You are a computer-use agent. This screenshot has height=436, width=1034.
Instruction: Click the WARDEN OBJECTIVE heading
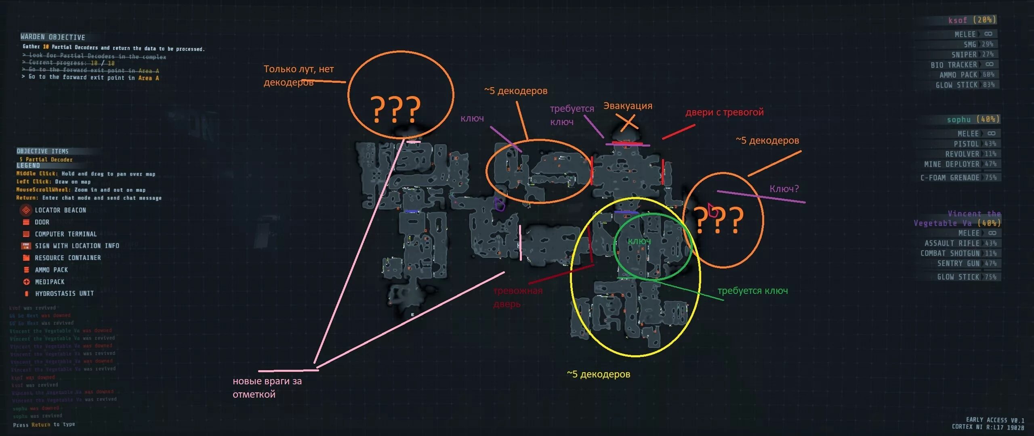coord(53,37)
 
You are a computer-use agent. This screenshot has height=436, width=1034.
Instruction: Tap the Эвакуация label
coord(628,106)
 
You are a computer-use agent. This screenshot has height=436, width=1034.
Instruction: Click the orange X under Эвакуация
coord(628,123)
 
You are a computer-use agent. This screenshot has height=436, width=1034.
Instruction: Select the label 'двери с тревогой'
coord(725,112)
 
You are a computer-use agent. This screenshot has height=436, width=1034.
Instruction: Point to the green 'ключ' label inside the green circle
coord(639,241)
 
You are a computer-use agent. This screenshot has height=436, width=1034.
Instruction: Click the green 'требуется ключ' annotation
coord(752,291)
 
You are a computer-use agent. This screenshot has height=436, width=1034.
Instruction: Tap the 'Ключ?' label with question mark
coord(784,189)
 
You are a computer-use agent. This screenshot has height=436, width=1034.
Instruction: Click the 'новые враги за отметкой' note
coord(267,388)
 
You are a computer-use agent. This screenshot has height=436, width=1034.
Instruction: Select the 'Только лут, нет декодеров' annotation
coord(298,75)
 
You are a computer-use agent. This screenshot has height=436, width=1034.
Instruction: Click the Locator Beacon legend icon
coord(26,210)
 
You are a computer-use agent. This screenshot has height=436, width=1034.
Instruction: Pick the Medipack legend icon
coord(26,282)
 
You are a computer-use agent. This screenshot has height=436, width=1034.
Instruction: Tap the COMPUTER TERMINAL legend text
coord(65,234)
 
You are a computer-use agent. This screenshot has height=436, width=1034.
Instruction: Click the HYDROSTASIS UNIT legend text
coord(64,293)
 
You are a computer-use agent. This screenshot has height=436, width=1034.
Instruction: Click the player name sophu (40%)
coord(973,119)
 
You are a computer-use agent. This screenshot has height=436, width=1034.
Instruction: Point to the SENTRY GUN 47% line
coord(967,264)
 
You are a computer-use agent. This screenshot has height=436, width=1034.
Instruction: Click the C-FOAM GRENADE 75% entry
coord(958,178)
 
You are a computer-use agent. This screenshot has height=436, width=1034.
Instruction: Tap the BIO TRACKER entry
coord(962,65)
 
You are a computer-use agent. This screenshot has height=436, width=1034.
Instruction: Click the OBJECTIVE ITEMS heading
coord(42,151)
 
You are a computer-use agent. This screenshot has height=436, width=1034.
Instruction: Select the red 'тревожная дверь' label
coord(518,297)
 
